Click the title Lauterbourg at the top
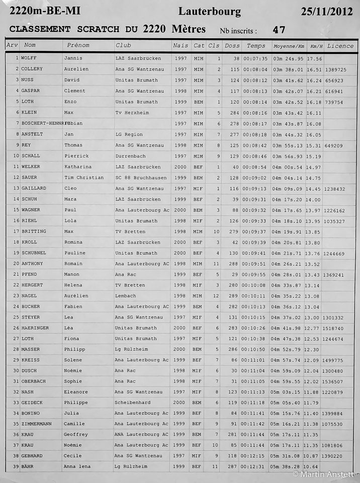[209, 12]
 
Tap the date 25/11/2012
[327, 12]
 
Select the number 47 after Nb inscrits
[279, 30]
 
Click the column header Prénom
[78, 46]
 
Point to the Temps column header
[255, 46]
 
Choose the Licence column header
[340, 46]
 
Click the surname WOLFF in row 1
[29, 58]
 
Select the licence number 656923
[334, 80]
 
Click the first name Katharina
[77, 167]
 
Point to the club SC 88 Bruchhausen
[139, 178]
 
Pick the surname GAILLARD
[34, 188]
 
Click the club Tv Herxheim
[132, 113]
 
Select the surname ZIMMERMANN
[36, 424]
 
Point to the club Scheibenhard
[133, 403]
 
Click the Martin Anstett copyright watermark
[324, 474]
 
